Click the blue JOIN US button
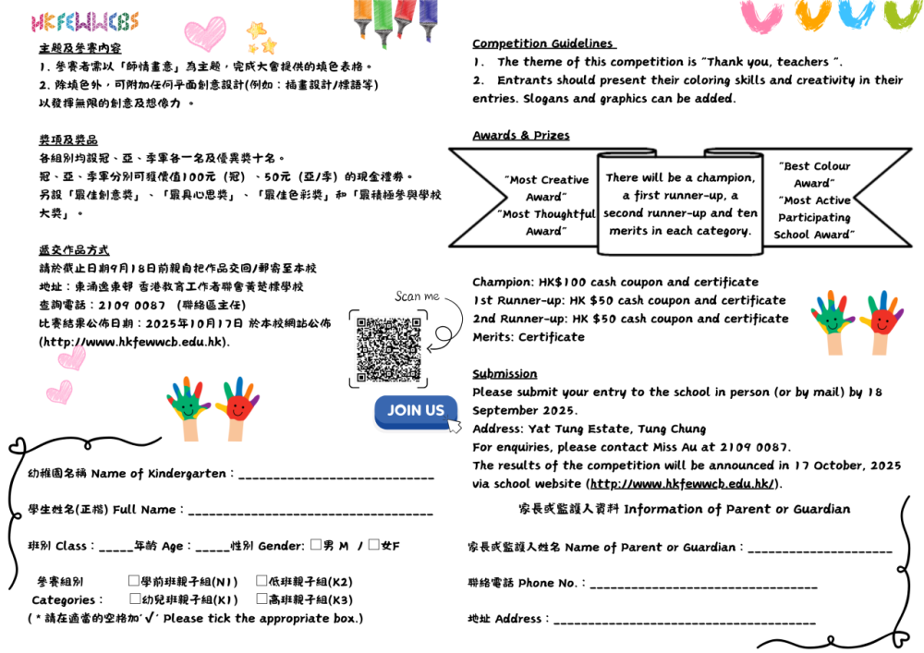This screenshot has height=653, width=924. click(415, 411)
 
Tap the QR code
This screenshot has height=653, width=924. click(389, 350)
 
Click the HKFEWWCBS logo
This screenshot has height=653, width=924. click(84, 22)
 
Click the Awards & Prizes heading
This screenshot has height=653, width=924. click(521, 135)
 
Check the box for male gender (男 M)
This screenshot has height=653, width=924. click(316, 545)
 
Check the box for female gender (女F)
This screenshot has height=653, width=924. click(373, 545)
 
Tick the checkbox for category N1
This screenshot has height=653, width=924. click(134, 581)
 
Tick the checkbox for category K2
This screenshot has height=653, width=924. click(261, 581)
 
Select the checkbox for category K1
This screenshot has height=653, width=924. click(135, 599)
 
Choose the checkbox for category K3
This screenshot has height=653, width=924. click(261, 599)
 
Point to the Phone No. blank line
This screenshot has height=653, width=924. click(703, 586)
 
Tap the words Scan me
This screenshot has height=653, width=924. click(417, 296)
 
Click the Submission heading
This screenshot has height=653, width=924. click(505, 373)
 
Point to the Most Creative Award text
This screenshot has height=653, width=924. click(546, 188)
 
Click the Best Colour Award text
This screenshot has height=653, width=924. click(814, 175)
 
